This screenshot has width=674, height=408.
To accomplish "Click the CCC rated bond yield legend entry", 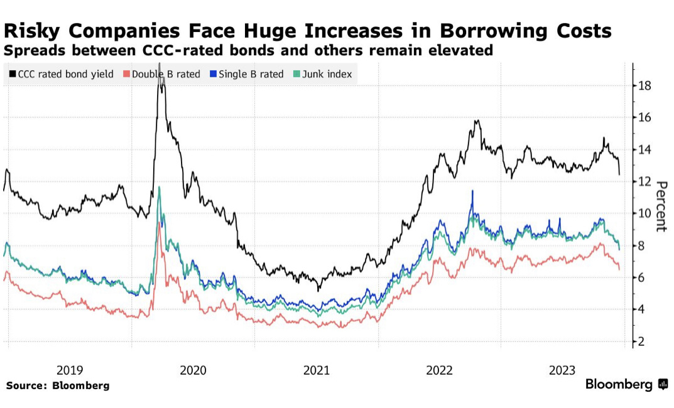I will pyautogui.click(x=61, y=74).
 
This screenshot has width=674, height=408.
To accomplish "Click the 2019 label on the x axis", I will pyautogui.click(x=70, y=370).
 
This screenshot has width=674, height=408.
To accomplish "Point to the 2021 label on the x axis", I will pyautogui.click(x=317, y=370).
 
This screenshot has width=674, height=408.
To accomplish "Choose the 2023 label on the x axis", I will pyautogui.click(x=562, y=370).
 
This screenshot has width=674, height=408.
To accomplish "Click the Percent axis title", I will pyautogui.click(x=661, y=206).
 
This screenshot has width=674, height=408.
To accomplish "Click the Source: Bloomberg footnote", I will pyautogui.click(x=58, y=385).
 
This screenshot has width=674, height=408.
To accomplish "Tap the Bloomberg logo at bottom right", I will pyautogui.click(x=626, y=384).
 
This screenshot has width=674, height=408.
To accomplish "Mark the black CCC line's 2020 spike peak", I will pyautogui.click(x=160, y=65).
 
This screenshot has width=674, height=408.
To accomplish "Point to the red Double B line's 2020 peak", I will pyautogui.click(x=160, y=222).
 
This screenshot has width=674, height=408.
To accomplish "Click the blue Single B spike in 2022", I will pyautogui.click(x=472, y=191).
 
